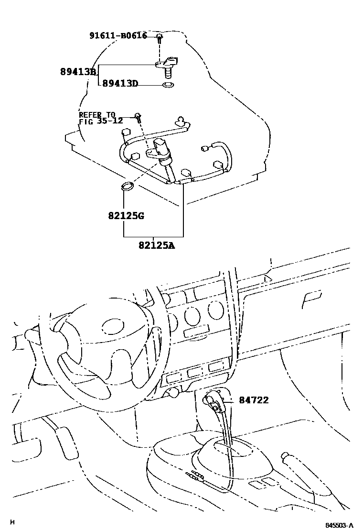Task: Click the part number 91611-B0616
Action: pyautogui.click(x=118, y=35)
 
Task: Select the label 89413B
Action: pyautogui.click(x=78, y=72)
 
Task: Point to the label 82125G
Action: pyautogui.click(x=126, y=215)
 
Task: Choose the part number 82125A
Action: pyautogui.click(x=157, y=245)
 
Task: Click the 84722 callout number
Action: pyautogui.click(x=254, y=399)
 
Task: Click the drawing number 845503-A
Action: pyautogui.click(x=339, y=525)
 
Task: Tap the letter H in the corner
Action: pyautogui.click(x=12, y=522)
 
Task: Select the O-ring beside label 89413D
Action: pyautogui.click(x=168, y=85)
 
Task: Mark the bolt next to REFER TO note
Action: pyautogui.click(x=138, y=116)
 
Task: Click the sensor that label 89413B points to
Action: pyautogui.click(x=167, y=64)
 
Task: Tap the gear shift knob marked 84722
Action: pyautogui.click(x=214, y=401)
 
